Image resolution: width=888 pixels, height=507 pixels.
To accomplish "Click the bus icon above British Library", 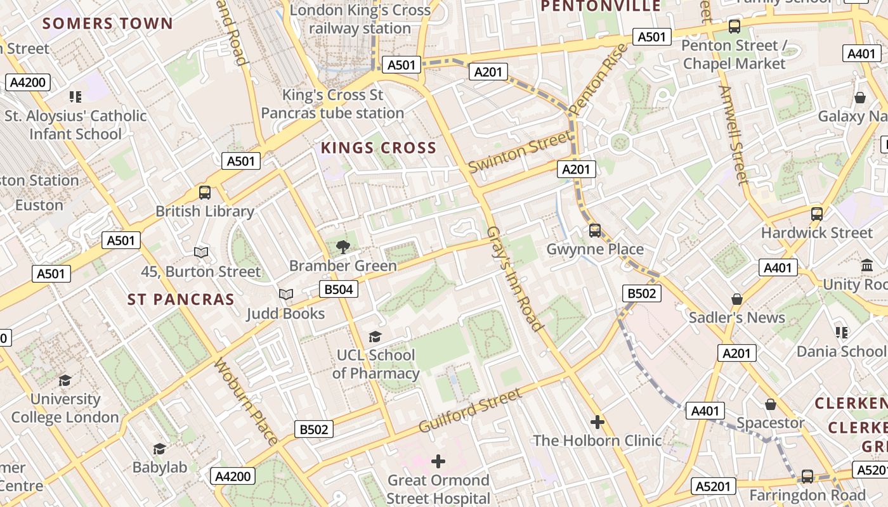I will point(204,193).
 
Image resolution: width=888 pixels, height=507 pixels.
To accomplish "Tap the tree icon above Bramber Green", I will point(343,247).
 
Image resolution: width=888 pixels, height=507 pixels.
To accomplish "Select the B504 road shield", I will point(339,290).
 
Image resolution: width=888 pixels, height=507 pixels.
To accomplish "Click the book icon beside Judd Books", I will point(286,295).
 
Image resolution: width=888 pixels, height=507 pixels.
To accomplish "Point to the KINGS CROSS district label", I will point(379,148).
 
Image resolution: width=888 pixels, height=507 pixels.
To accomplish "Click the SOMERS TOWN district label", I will point(107,24).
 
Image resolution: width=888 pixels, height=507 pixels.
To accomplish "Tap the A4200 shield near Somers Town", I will point(29,82).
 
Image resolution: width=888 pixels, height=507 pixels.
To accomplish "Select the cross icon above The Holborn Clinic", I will point(597,421).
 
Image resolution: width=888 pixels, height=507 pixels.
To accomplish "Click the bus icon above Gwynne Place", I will point(594,230).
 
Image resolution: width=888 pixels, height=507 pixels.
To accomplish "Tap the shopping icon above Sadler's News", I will point(736,298).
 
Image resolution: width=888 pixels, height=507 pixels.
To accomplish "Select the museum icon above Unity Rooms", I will point(866,265).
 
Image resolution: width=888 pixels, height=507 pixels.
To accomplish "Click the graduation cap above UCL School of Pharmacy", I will point(375,337).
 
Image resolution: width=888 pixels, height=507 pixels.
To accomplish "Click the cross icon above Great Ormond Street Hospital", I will point(438,461).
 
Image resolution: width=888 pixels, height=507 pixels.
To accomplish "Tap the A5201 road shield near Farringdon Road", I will point(714,486).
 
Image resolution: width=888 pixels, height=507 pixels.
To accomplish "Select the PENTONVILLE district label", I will point(600,6).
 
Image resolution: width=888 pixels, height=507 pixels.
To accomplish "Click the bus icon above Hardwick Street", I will point(816,214).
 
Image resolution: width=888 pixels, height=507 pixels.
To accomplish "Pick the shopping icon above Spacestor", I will point(770,404).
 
